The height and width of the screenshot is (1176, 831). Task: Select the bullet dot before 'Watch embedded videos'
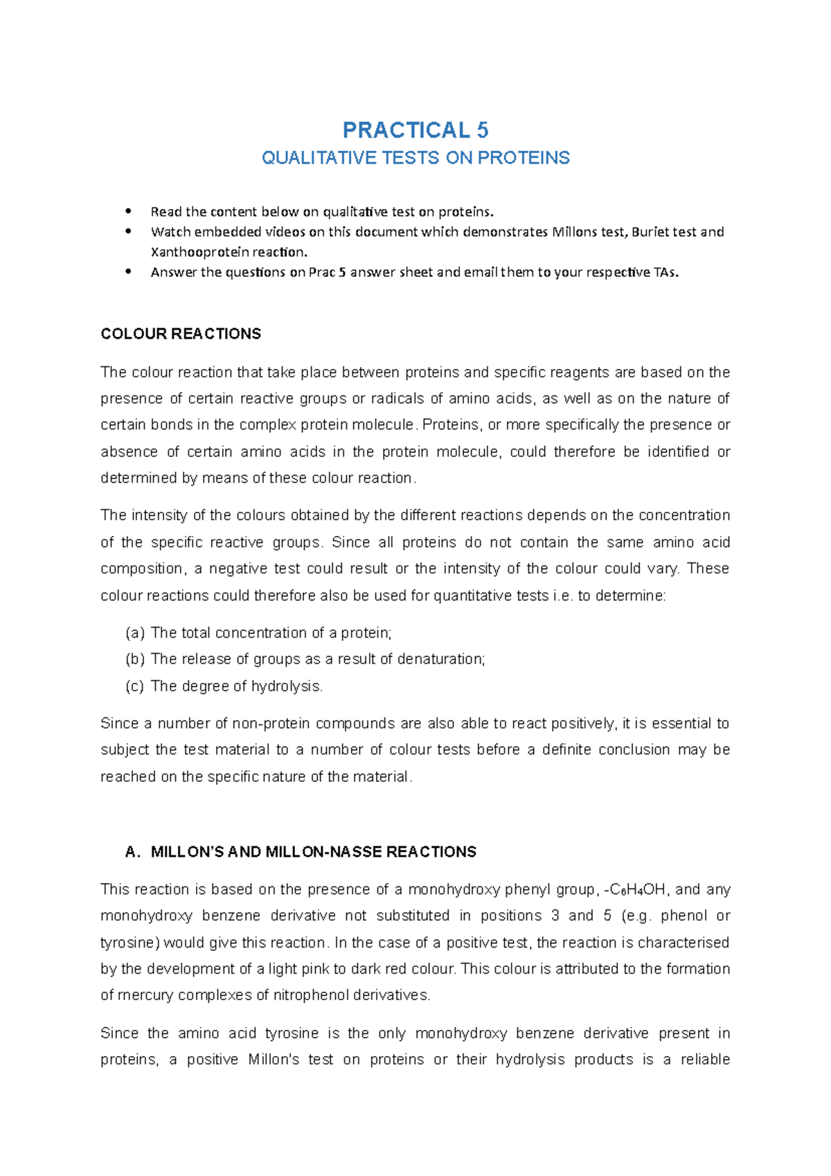point(128,232)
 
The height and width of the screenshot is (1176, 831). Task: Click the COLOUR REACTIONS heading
point(181,334)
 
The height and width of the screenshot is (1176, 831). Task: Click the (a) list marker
point(134,633)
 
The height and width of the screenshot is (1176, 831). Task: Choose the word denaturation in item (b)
point(441,659)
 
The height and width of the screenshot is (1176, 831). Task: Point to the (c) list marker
point(134,686)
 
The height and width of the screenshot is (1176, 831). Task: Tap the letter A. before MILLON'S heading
point(132,852)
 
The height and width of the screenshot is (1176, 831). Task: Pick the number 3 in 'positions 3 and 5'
point(555,916)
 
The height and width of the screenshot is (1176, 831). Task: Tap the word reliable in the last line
point(705,1060)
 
